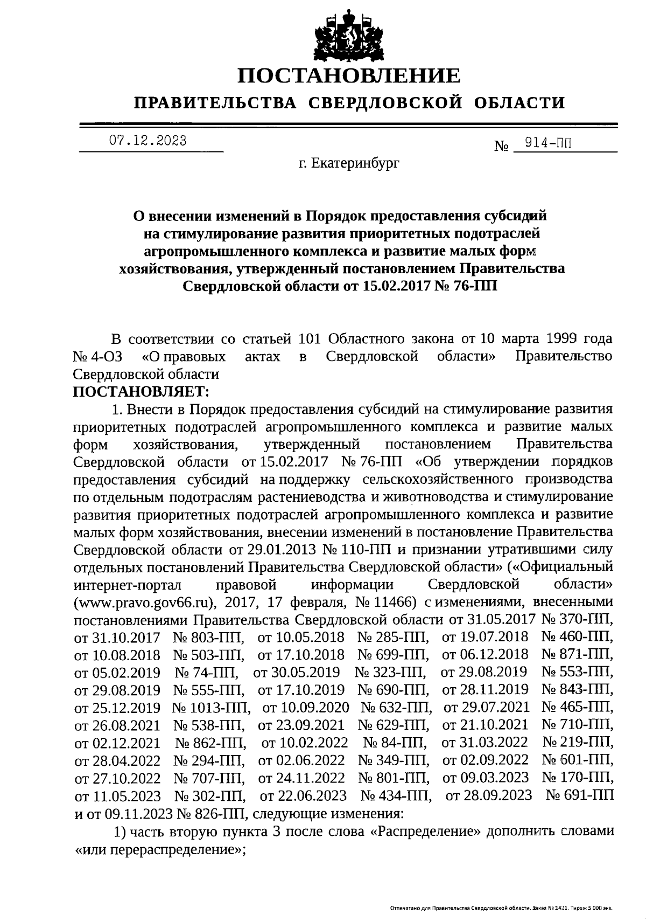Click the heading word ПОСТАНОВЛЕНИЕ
[x=349, y=76]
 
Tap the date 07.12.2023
[x=148, y=141]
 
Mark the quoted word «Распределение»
[x=425, y=831]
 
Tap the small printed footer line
[x=501, y=909]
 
